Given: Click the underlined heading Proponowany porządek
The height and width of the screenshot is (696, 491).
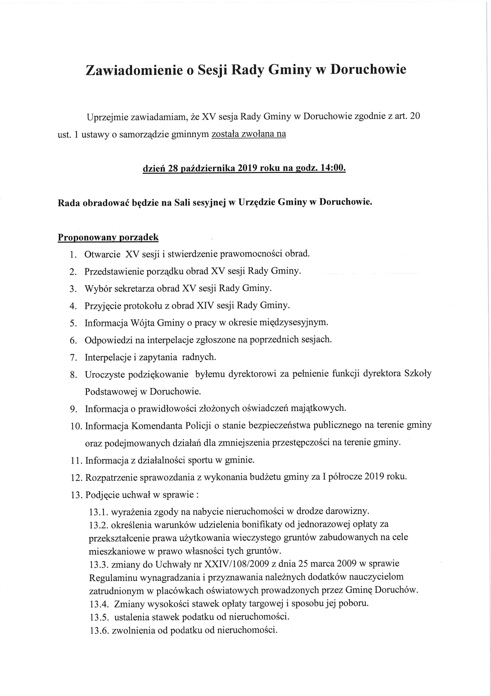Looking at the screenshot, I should coord(108,237).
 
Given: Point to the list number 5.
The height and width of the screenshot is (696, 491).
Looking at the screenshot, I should coord(73,323).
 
